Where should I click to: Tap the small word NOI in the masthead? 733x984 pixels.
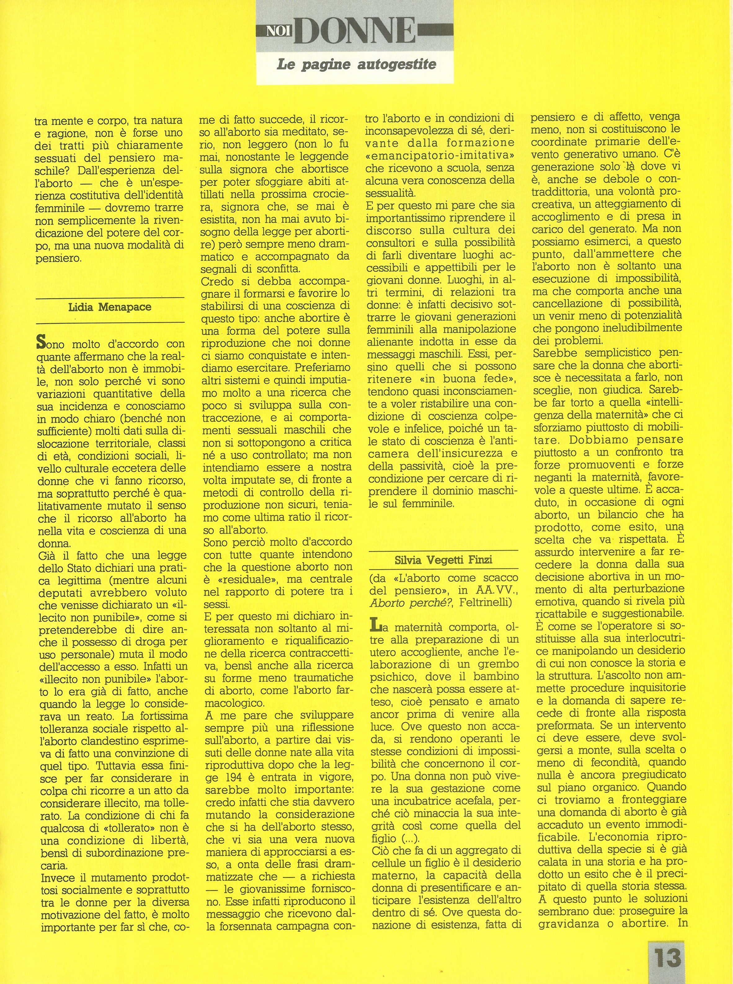[277, 31]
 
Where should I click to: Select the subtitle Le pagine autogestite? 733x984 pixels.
[356, 65]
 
